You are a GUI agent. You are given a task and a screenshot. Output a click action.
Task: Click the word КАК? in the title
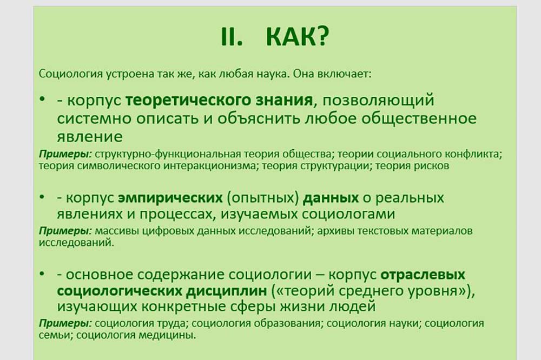[298, 37]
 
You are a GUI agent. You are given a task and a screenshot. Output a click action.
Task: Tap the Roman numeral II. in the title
[232, 37]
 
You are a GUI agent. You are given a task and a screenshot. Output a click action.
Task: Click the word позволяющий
[379, 101]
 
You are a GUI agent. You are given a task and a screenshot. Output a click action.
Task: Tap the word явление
[90, 137]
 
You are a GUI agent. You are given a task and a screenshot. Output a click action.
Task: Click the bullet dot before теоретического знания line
[42, 99]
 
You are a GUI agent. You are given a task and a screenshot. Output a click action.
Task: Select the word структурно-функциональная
[167, 154]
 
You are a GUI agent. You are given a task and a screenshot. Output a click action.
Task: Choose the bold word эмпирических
[170, 198]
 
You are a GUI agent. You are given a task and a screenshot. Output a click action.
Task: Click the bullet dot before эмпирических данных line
[42, 197]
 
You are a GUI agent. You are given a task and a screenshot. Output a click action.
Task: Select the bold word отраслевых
[423, 275]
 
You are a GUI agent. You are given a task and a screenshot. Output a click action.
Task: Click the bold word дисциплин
[226, 291]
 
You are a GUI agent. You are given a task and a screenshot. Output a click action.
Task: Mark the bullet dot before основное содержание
[42, 274]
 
